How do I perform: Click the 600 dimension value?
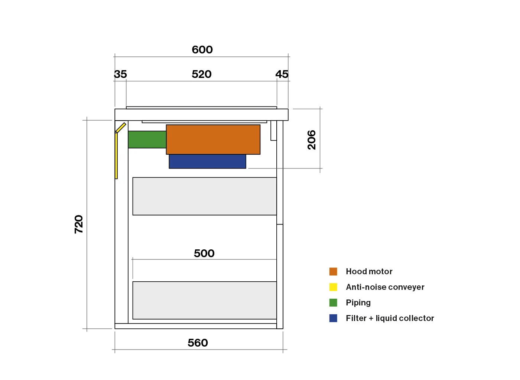[202, 50]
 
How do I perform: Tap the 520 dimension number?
[201, 74]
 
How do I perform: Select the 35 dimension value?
[120, 74]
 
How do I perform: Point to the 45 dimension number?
[282, 74]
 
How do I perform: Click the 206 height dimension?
[312, 140]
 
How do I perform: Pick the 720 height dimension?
[79, 225]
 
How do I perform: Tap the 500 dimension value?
[204, 253]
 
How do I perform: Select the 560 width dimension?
[198, 343]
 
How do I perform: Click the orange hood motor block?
[213, 140]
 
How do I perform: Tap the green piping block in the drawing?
[147, 140]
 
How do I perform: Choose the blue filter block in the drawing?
[207, 161]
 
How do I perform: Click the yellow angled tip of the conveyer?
[121, 128]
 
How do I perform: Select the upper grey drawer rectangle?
[205, 196]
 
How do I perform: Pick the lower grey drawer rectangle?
[205, 300]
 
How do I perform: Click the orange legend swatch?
[333, 272]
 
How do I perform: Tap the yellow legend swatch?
[333, 287]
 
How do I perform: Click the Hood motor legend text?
[369, 272]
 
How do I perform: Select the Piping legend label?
[358, 303]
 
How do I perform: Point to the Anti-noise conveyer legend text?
[385, 287]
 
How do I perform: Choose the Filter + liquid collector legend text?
[390, 318]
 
